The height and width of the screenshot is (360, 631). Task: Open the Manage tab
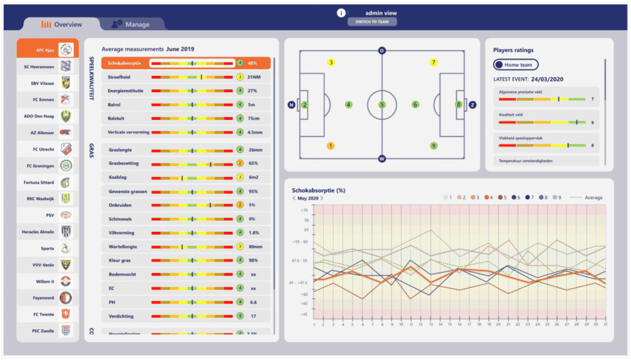[131, 24]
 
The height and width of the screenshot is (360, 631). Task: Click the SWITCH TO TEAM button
[372, 22]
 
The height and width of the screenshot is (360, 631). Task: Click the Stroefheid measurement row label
[119, 77]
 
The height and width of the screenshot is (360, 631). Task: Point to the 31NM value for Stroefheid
[253, 77]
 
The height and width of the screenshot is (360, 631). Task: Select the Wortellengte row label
[122, 245]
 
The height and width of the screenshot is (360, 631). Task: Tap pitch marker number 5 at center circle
[382, 104]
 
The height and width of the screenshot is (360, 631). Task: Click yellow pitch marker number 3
[331, 62]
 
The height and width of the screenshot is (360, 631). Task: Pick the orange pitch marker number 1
[331, 146]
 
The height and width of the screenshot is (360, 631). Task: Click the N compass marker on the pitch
[292, 104]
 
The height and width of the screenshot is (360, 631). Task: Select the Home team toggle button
[516, 64]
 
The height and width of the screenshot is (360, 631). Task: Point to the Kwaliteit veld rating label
[511, 113]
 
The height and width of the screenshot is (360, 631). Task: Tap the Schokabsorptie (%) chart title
[319, 191]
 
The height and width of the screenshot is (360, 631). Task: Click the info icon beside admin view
[341, 12]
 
